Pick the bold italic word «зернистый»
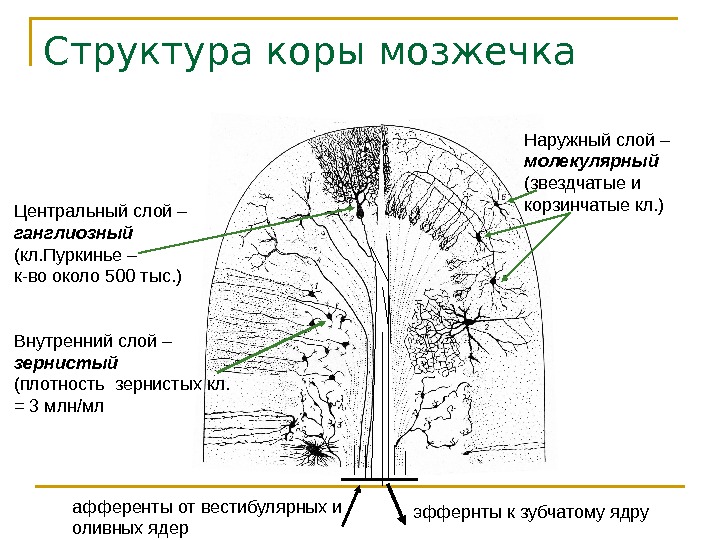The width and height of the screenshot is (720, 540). coord(66,362)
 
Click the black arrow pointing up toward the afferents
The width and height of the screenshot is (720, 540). coord(351,499)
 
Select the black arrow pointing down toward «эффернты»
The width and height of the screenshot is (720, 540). coord(394,501)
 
